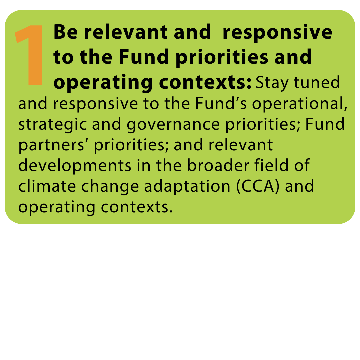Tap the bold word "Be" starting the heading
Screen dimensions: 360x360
tap(66, 32)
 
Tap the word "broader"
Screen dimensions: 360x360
tap(218, 165)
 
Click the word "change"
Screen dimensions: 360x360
tap(110, 187)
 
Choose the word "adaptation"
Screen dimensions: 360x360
tap(187, 187)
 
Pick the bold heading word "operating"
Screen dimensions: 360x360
tap(103, 83)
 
